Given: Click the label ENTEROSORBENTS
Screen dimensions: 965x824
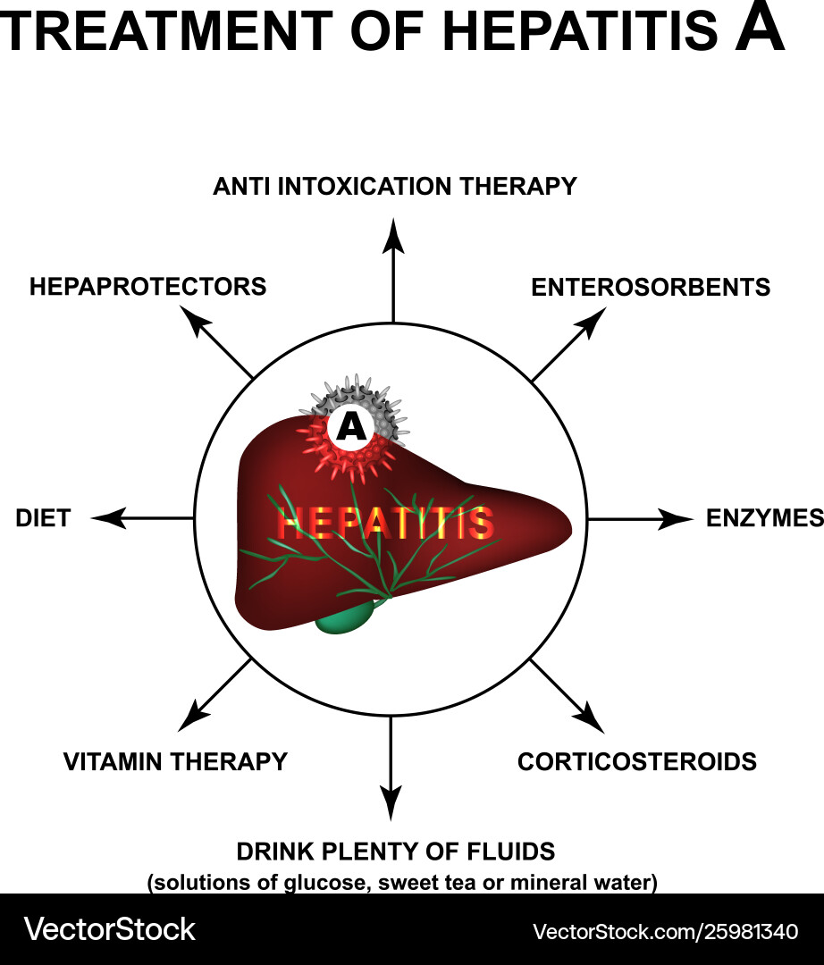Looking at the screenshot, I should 650,287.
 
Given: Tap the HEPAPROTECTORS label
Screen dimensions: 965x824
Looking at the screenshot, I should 147,287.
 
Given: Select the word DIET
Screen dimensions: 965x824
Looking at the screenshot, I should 43,518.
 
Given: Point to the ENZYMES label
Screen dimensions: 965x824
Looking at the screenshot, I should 764,518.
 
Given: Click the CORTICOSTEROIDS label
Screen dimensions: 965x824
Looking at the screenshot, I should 637,761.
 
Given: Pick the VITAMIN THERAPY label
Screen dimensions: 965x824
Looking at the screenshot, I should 175,761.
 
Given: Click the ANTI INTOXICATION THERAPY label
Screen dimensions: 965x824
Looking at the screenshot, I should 394,186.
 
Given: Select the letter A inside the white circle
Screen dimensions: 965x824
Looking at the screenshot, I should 352,428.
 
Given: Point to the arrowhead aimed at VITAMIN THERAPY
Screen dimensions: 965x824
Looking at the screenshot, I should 193,717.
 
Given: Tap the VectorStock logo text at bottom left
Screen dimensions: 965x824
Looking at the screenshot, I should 109,929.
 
